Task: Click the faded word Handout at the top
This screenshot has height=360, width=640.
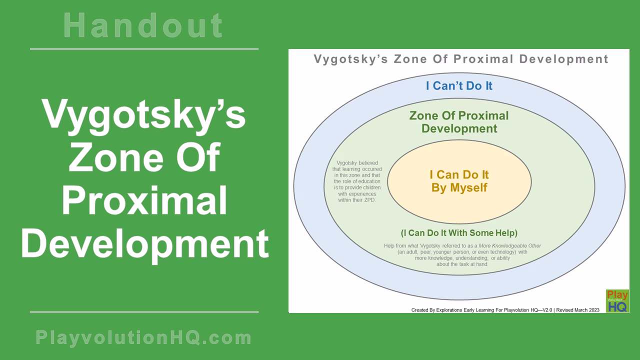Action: pyautogui.click(x=144, y=26)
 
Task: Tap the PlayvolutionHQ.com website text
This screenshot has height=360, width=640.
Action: pyautogui.click(x=144, y=338)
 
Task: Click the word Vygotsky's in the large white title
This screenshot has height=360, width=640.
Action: pyautogui.click(x=144, y=114)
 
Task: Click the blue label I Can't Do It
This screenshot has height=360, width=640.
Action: pyautogui.click(x=459, y=86)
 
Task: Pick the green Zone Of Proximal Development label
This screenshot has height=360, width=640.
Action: pyautogui.click(x=459, y=122)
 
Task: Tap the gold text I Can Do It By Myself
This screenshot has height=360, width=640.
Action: pyautogui.click(x=459, y=181)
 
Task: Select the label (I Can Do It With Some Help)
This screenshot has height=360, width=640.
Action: pyautogui.click(x=459, y=233)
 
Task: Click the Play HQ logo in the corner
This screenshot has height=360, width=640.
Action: pyautogui.click(x=617, y=301)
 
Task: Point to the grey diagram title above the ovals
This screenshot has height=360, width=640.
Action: pyautogui.click(x=460, y=59)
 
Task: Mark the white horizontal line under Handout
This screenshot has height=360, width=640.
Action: pyautogui.click(x=144, y=49)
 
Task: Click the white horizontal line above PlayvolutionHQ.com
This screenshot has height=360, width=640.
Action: pyautogui.click(x=144, y=312)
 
